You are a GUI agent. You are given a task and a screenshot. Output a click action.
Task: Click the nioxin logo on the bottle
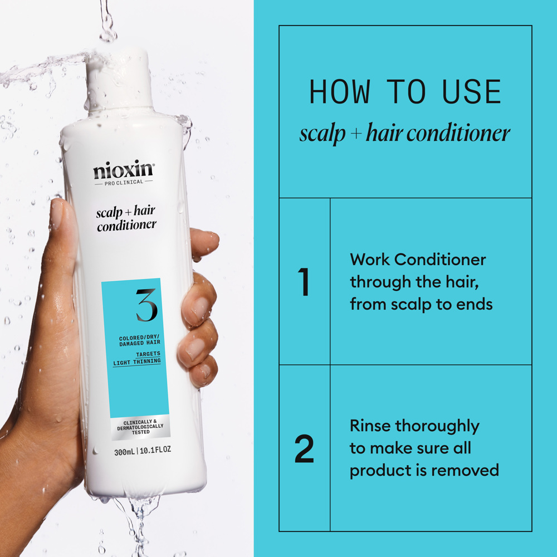click(x=123, y=170)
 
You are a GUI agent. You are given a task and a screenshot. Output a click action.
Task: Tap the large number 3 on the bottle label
click(x=146, y=304)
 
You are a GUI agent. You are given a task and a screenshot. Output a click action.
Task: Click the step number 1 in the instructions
click(x=304, y=282)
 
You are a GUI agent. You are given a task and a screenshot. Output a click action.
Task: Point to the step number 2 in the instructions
click(x=304, y=448)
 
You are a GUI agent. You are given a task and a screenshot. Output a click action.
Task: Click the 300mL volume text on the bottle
click(x=125, y=452)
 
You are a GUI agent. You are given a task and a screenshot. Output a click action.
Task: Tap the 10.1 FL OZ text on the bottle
click(x=155, y=452)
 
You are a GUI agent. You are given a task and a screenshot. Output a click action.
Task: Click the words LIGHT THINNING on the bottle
click(x=136, y=361)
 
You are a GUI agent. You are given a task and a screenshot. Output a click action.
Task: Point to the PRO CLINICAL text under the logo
click(x=123, y=182)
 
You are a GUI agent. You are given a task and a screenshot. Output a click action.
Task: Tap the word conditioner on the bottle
click(x=126, y=226)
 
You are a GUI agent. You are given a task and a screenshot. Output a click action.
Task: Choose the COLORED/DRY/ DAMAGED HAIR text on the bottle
click(x=139, y=340)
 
